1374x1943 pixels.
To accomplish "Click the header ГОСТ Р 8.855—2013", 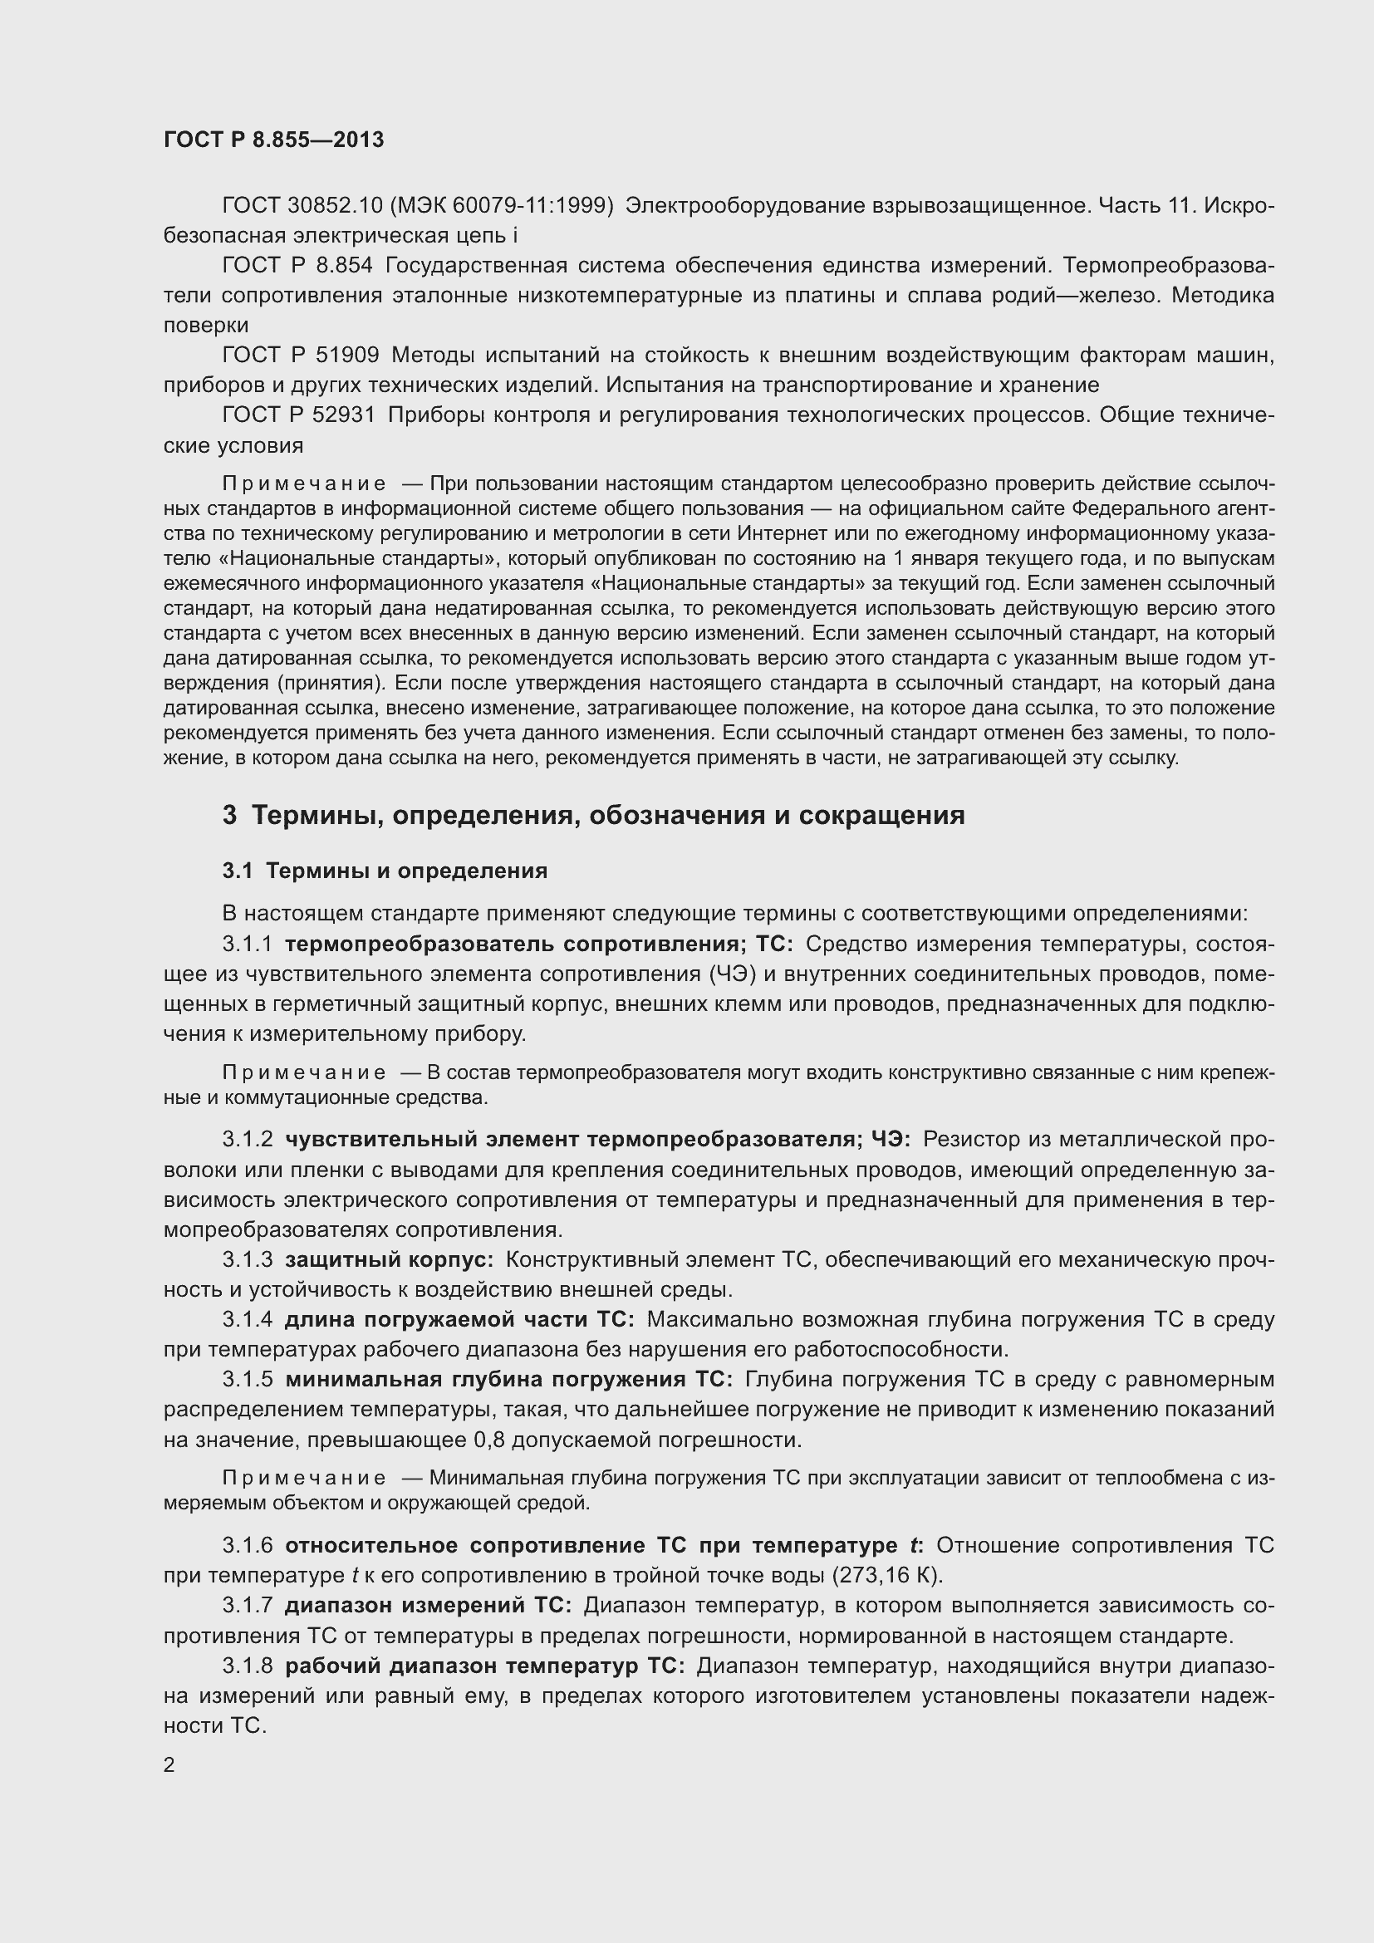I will pyautogui.click(x=273, y=140).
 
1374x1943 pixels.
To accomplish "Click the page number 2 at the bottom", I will pyautogui.click(x=169, y=1765).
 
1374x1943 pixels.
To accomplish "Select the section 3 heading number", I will pyautogui.click(x=229, y=815).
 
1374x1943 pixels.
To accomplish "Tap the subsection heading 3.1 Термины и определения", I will pyautogui.click(x=385, y=871).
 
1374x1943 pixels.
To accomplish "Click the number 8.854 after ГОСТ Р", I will pyautogui.click(x=344, y=266).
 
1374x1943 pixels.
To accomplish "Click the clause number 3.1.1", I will pyautogui.click(x=248, y=945).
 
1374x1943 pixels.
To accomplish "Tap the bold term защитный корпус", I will pyautogui.click(x=388, y=1260).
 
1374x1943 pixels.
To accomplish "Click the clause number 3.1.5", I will pyautogui.click(x=248, y=1381).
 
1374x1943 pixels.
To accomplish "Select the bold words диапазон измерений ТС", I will pyautogui.click(x=428, y=1606).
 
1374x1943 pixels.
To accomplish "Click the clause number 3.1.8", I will pyautogui.click(x=248, y=1666).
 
